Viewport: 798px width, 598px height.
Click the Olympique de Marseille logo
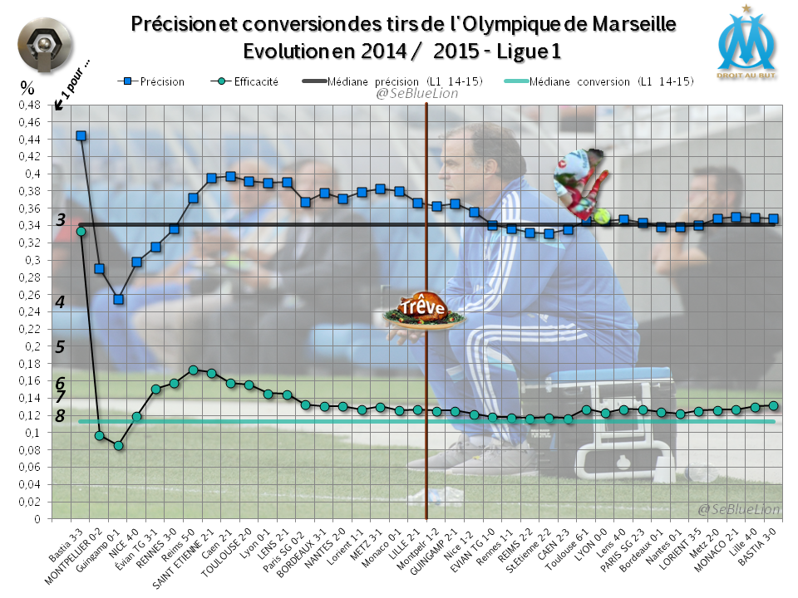747,41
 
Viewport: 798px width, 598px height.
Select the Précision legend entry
155,82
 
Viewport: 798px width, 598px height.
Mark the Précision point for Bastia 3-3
81,135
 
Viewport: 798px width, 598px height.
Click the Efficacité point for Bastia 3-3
81,232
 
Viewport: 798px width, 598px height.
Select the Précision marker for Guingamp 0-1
118,300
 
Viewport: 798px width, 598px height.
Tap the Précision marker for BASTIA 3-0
773,219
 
